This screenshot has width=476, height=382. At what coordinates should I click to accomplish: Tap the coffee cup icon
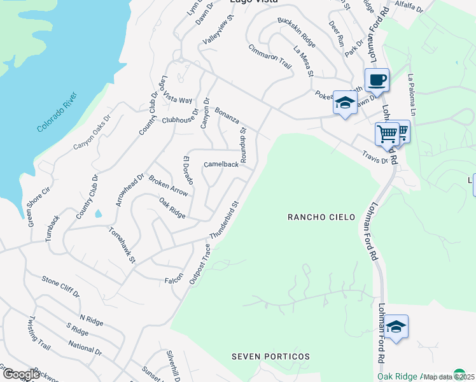pos(377,81)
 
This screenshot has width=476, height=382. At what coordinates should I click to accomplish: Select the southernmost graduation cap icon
pos(396,327)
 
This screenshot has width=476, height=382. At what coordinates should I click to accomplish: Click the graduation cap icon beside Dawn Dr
pos(345,103)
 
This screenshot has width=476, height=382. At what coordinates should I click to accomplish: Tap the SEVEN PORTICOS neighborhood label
pos(270,357)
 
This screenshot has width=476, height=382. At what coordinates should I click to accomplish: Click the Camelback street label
pos(221,164)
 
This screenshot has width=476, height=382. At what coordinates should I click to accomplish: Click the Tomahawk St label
pos(122,244)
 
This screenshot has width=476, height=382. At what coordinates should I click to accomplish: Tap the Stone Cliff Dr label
pos(60,287)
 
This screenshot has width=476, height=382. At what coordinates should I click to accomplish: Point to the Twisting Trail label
pos(39,334)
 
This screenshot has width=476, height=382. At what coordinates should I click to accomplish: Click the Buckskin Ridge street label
pos(297,31)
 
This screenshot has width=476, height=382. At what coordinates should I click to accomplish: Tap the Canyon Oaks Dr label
pos(92,132)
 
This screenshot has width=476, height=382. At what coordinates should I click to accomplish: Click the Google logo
pos(21,374)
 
